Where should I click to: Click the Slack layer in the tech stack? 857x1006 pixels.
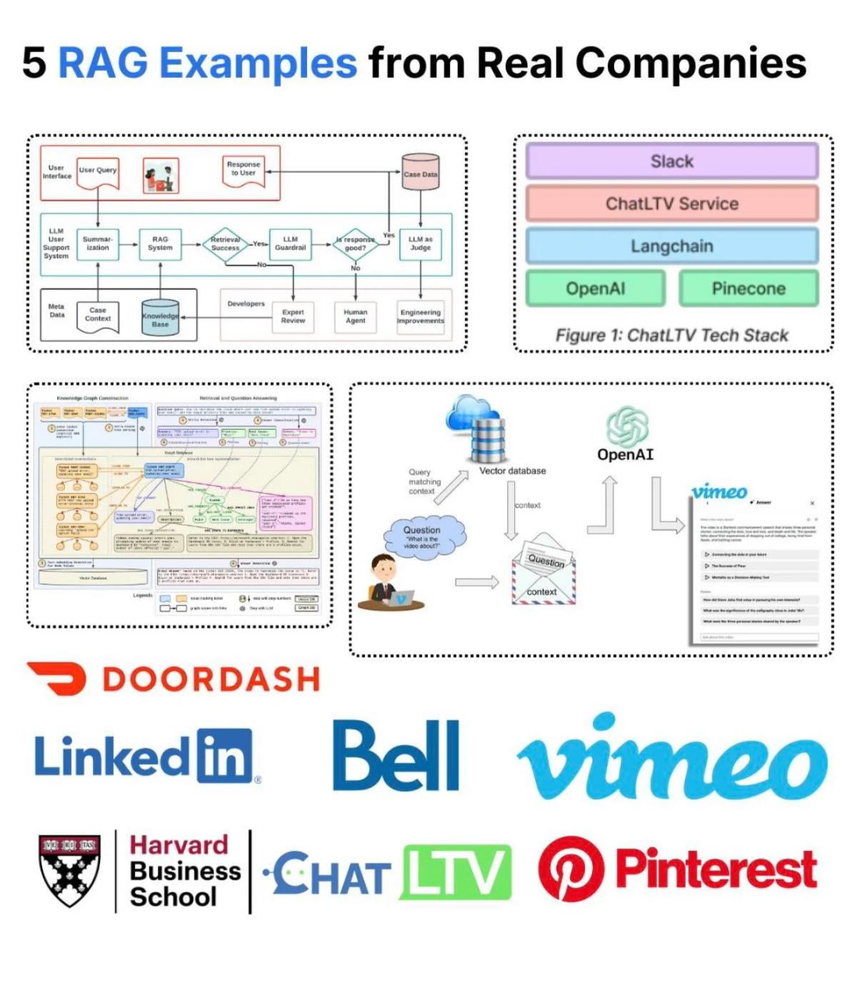click(672, 161)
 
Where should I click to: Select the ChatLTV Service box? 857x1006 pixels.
click(672, 203)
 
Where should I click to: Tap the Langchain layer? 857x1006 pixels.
click(672, 246)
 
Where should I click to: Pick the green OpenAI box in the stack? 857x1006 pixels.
click(596, 288)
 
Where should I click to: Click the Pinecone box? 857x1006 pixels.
click(748, 288)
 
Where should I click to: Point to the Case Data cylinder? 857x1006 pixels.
click(421, 172)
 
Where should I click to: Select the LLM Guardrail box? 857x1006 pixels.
click(290, 244)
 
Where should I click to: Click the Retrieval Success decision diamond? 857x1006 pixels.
click(226, 244)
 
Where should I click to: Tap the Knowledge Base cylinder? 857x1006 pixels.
click(160, 318)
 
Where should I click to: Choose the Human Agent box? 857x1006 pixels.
click(355, 316)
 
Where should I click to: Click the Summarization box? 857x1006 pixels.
click(98, 244)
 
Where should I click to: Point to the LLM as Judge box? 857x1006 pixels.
click(420, 244)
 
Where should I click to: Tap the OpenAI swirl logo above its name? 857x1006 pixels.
click(626, 426)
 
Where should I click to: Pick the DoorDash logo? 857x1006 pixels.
click(173, 679)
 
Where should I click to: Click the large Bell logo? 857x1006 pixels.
click(396, 756)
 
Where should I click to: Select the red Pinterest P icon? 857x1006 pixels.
click(571, 870)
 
